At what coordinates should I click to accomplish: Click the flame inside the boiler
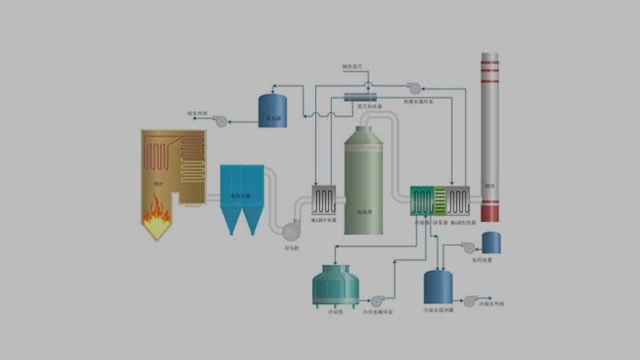pos(157,212)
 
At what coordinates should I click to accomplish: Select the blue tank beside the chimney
pos(491,242)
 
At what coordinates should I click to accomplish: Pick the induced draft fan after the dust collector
pos(291,230)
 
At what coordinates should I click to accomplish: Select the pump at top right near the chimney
pos(414,88)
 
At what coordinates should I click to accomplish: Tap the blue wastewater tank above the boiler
pos(273,110)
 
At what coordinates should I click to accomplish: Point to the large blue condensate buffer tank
pos(438,286)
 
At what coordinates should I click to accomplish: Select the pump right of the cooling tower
pos(378,301)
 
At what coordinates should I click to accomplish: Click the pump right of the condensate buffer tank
pos(470,301)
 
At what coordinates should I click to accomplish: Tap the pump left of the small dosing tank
pos(469,247)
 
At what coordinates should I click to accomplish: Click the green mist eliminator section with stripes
pos(440,200)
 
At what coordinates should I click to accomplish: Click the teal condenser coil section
pos(422,200)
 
